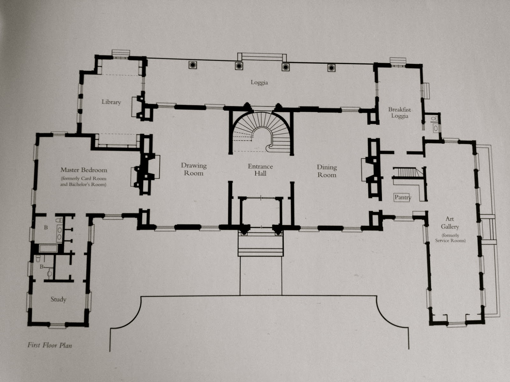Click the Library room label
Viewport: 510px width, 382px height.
click(x=111, y=102)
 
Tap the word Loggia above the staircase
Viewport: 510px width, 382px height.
click(x=259, y=83)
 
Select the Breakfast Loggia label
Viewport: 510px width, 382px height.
click(x=399, y=113)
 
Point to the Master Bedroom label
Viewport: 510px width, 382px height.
click(x=84, y=170)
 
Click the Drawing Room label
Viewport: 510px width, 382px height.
click(x=194, y=169)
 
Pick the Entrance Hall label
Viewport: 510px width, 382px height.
click(x=260, y=170)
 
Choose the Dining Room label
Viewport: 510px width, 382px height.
click(x=327, y=171)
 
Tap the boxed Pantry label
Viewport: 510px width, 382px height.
click(x=403, y=197)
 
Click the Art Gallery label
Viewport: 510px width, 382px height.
click(x=450, y=223)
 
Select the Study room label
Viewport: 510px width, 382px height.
click(x=58, y=299)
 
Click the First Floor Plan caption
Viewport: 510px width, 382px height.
click(x=50, y=345)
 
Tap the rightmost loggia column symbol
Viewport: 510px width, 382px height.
click(x=331, y=67)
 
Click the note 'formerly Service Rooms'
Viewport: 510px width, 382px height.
click(x=450, y=238)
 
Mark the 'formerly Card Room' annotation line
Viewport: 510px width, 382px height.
click(x=84, y=179)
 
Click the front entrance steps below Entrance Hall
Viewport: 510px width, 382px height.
click(x=261, y=245)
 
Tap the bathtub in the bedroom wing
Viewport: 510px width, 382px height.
click(x=48, y=248)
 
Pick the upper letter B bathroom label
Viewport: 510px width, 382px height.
click(x=46, y=228)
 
